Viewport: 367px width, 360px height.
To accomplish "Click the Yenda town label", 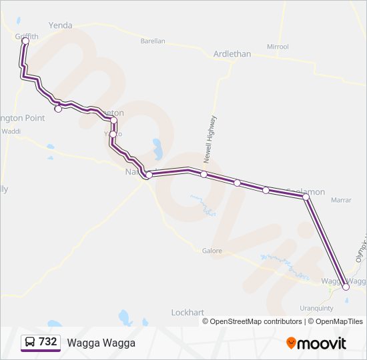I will tap(61, 25).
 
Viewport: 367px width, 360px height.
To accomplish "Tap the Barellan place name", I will tap(153, 41).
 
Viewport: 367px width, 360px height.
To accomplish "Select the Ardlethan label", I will tap(232, 54).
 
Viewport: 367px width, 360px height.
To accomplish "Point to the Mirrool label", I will tap(278, 47).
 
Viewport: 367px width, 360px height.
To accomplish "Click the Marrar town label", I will tap(341, 199).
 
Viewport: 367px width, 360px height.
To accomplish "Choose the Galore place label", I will tap(212, 251).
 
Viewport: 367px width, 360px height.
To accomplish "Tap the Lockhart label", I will tap(188, 312).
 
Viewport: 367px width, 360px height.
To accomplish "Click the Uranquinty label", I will tap(317, 308).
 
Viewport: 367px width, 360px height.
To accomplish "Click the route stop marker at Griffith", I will tap(25, 41).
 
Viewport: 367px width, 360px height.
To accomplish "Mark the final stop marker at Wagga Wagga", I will tap(346, 287).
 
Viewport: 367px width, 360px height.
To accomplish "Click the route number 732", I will tap(47, 342).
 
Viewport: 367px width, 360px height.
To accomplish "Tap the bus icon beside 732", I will tap(30, 342).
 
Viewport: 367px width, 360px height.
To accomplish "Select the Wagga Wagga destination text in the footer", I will tap(101, 343).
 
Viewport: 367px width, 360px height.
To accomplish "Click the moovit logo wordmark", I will tap(322, 343).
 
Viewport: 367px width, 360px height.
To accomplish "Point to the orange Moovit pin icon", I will tap(291, 343).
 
